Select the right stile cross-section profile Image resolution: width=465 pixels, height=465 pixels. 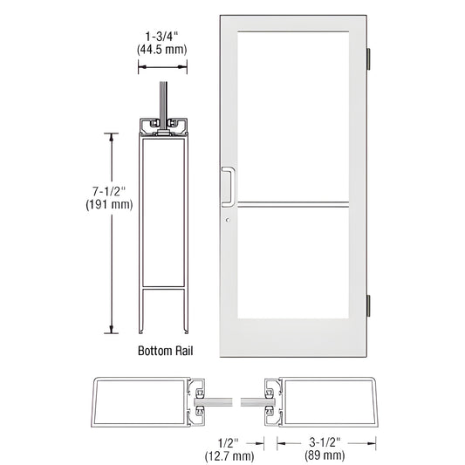[322, 400]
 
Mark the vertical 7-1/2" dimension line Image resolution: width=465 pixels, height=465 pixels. [111, 232]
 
